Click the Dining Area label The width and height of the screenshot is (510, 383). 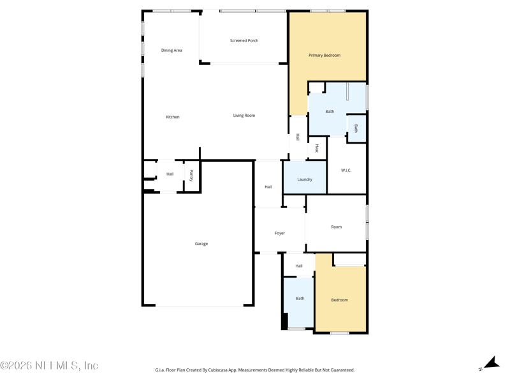[x=171, y=50]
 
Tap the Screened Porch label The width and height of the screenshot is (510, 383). [x=244, y=41]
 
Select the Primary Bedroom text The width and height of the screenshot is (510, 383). [x=324, y=56]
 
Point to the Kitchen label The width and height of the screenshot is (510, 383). [x=173, y=117]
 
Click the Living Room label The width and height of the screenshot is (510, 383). [x=244, y=116]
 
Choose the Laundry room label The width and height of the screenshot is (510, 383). [x=305, y=179]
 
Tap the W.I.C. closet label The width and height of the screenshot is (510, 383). [x=346, y=170]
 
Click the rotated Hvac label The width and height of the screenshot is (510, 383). [x=317, y=149]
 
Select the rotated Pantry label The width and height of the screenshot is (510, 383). [x=191, y=176]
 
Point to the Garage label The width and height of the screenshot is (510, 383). [x=201, y=244]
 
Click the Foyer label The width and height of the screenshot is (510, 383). [x=280, y=234]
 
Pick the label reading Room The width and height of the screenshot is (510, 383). [x=337, y=227]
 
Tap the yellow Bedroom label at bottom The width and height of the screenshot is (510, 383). [x=340, y=300]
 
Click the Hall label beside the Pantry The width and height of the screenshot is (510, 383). [x=170, y=174]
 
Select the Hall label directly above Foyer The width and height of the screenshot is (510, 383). [x=268, y=187]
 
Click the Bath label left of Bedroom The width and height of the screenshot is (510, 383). [x=300, y=298]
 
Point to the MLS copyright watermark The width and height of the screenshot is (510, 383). [x=49, y=366]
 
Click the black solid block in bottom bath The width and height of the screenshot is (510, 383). [x=284, y=321]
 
